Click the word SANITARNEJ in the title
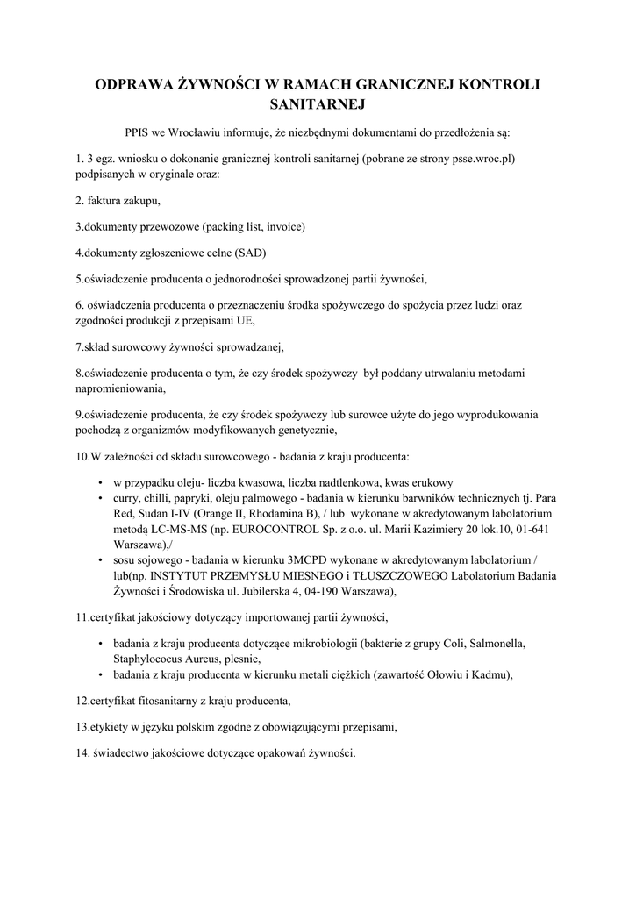318,104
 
